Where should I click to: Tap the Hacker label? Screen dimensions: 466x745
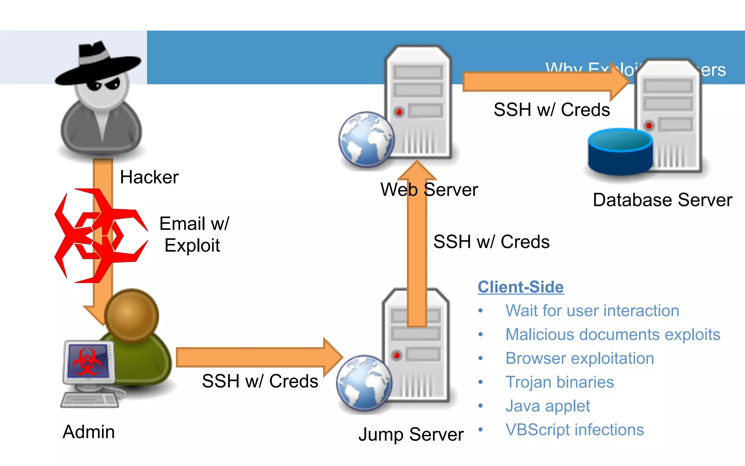click(x=149, y=177)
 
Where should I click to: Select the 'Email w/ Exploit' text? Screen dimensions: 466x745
click(x=194, y=234)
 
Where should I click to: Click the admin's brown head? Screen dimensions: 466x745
click(x=132, y=315)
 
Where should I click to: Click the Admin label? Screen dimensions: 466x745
click(x=89, y=432)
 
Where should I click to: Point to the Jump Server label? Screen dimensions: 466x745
click(x=411, y=434)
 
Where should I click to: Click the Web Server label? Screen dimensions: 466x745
click(x=429, y=190)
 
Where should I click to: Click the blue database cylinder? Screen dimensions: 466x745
click(x=620, y=151)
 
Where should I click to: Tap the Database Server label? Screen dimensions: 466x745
click(x=662, y=200)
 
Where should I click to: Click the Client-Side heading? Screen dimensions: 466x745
click(x=521, y=287)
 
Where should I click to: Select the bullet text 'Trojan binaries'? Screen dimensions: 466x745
click(x=559, y=382)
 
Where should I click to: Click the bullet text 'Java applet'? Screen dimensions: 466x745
click(x=547, y=406)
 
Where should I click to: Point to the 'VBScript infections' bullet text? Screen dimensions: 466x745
click(x=575, y=430)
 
